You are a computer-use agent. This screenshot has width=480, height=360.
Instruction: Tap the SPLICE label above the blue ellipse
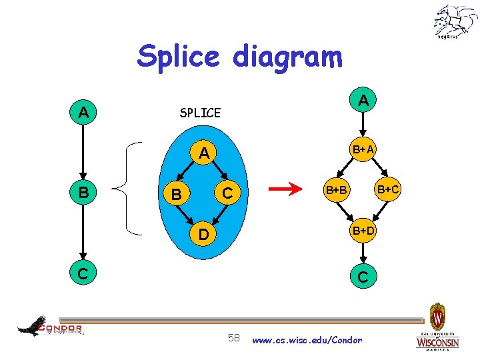pyautogui.click(x=200, y=113)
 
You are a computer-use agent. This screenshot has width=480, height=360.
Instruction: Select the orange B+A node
pyautogui.click(x=363, y=151)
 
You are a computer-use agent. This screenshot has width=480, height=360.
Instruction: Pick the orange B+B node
pyautogui.click(x=336, y=191)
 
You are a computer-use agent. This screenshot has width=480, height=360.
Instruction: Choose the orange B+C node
pyautogui.click(x=387, y=189)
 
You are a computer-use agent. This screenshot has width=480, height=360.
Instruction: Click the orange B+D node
pyautogui.click(x=363, y=231)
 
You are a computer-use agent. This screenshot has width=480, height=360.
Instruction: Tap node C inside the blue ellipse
pyautogui.click(x=227, y=194)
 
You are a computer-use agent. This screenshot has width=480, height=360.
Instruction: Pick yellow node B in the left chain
pyautogui.click(x=83, y=193)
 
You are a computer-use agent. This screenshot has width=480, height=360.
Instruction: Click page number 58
pyautogui.click(x=234, y=339)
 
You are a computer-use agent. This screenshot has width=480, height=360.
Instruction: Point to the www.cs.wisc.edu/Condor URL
pyautogui.click(x=307, y=340)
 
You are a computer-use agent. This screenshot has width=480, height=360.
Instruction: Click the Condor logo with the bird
pyautogui.click(x=50, y=326)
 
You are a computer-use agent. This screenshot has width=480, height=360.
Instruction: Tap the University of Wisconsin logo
pyautogui.click(x=437, y=329)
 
